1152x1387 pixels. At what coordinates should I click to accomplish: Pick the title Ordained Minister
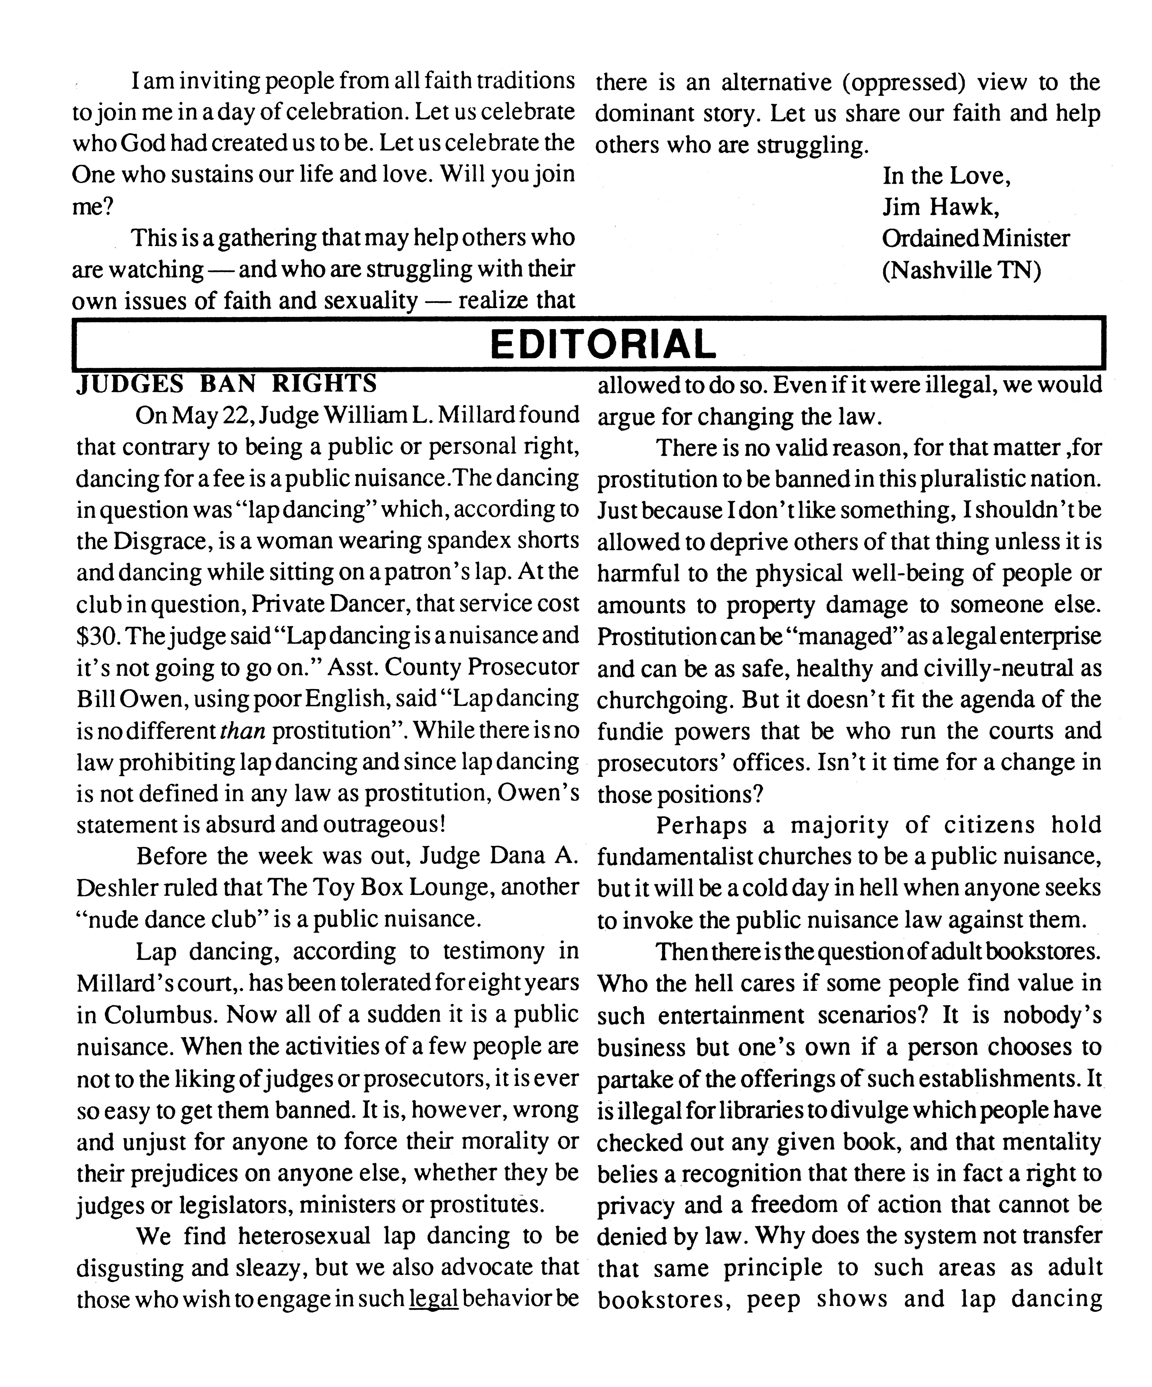pos(976,238)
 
